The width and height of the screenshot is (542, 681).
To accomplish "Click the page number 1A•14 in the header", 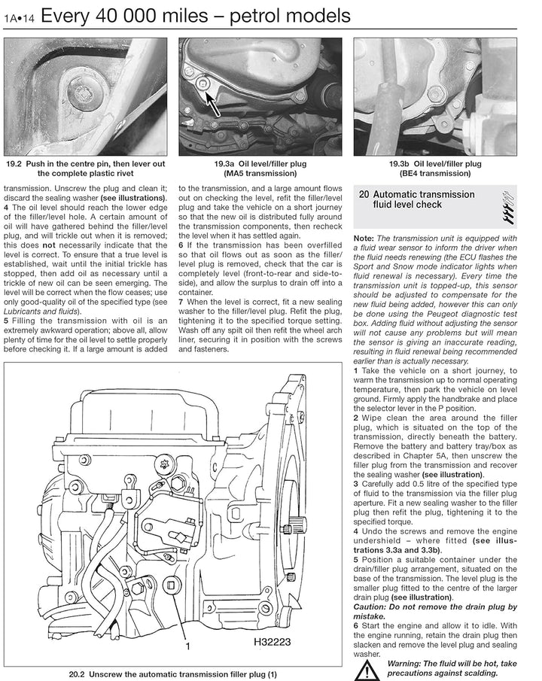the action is (19, 18).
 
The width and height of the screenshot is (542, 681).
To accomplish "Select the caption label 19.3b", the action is (400, 164).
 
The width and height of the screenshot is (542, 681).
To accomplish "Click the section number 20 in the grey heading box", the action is (364, 195).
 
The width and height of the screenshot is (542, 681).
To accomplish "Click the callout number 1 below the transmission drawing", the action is (187, 646).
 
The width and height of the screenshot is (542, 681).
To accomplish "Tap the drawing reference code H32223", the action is (272, 641).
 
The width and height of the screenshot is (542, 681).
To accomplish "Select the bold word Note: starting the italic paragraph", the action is (364, 239).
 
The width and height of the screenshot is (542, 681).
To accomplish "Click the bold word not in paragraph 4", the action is (49, 245).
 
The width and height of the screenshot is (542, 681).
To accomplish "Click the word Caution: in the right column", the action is (370, 607).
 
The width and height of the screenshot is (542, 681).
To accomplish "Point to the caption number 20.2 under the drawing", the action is (77, 674).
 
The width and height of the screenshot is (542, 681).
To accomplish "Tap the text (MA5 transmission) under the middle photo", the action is (260, 173).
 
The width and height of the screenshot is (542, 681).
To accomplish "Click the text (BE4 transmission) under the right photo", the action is (435, 173).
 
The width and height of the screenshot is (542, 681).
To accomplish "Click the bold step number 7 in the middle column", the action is (181, 302).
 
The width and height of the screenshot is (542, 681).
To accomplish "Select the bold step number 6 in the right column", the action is (355, 626).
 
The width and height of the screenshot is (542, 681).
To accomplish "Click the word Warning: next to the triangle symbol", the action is (403, 664).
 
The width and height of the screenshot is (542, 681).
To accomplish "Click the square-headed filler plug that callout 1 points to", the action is (170, 585).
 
